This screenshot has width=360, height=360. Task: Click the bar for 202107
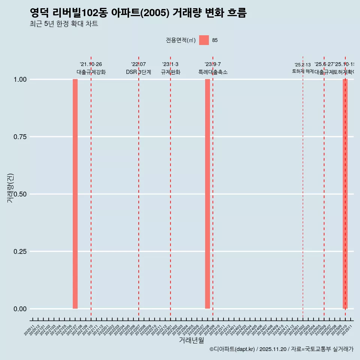click(x=75, y=194)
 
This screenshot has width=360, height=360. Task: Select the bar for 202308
click(x=207, y=194)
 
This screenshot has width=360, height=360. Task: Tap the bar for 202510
click(x=345, y=194)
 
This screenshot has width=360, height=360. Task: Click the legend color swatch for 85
click(x=204, y=40)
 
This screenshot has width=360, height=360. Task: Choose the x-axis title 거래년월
click(x=191, y=340)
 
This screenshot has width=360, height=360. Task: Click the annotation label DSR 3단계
click(x=138, y=72)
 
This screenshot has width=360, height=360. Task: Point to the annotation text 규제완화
click(x=171, y=72)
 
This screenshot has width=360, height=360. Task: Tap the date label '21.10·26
click(x=91, y=64)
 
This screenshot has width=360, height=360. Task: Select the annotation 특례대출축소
click(x=213, y=72)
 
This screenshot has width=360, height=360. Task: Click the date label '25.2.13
click(x=303, y=65)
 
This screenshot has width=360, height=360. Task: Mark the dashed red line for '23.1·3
click(x=171, y=187)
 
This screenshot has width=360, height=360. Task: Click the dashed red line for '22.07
click(x=139, y=187)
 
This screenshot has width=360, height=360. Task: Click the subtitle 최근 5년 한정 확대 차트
click(x=64, y=24)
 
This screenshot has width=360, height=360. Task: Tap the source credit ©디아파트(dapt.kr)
click(x=232, y=349)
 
